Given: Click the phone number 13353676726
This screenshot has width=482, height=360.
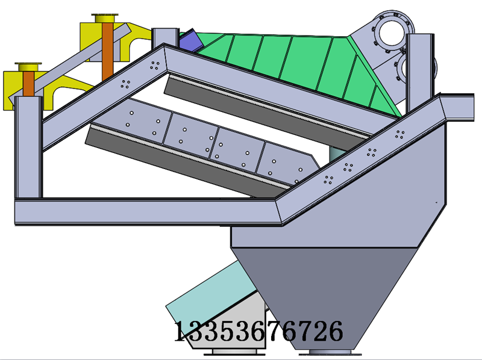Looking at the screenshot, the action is (x=258, y=331).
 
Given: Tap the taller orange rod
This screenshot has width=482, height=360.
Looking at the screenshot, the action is (x=108, y=51).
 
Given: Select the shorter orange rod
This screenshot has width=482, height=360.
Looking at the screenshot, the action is (x=28, y=84).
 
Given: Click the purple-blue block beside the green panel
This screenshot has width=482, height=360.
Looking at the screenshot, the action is (x=189, y=40).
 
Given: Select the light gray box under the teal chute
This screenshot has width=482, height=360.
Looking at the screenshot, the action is (x=234, y=329).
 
